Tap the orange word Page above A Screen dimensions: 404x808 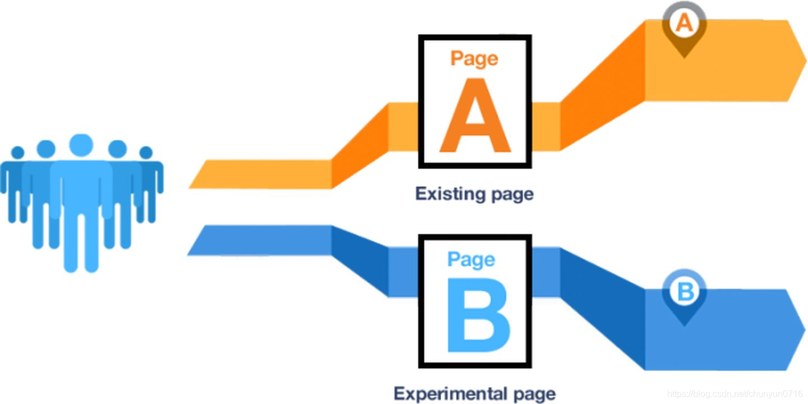(474, 58)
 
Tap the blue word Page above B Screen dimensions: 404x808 (471, 259)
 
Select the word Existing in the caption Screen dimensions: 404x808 (447, 194)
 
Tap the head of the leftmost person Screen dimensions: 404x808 (18, 153)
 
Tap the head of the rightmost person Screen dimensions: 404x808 (146, 153)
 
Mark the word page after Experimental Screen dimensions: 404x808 (533, 393)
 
